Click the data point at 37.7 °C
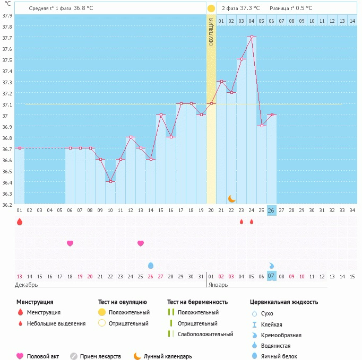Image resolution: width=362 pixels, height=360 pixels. pos(252,37)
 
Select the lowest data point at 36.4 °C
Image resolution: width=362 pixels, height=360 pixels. pos(110,181)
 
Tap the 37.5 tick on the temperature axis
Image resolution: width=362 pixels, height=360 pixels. pos(6,60)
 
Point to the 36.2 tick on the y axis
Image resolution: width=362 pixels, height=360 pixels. pos(6,205)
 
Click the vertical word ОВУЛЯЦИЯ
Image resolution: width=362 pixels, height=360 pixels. pos(211,32)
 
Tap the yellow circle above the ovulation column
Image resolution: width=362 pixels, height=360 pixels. pos(211,8)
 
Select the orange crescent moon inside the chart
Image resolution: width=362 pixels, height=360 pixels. pos(231,198)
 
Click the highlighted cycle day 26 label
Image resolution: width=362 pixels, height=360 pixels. pos(271,210)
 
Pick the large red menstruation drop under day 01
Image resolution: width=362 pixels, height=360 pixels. pos(20,222)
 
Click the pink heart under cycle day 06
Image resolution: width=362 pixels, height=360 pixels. pos(70,243)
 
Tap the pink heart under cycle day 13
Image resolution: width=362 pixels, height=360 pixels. pos(141,243)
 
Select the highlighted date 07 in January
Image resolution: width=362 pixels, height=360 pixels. pos(271,276)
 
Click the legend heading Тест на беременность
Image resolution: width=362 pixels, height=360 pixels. pos(197,302)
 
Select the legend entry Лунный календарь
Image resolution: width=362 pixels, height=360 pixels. pos(167,356)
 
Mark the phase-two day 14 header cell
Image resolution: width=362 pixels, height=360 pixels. pos(352,21)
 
